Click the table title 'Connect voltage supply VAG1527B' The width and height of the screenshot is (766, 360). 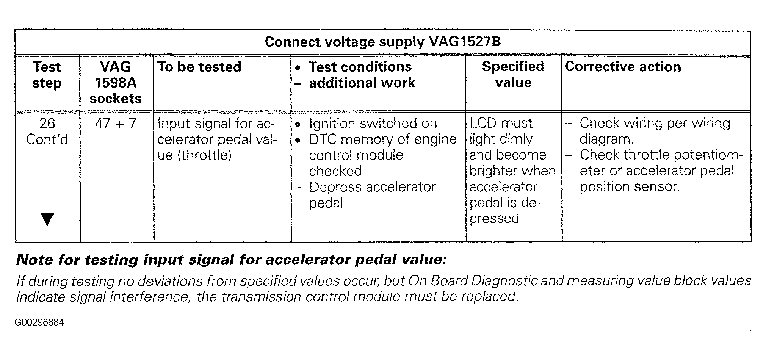click(x=382, y=42)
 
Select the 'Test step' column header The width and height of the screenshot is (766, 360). click(x=47, y=75)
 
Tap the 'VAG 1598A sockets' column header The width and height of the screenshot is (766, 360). click(x=116, y=83)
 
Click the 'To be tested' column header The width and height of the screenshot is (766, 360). click(x=199, y=67)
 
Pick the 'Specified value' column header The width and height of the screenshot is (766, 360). click(x=513, y=74)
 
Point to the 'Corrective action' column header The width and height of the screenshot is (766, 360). click(x=623, y=67)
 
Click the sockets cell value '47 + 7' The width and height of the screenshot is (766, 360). click(x=115, y=124)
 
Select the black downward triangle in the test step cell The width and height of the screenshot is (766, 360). click(x=47, y=219)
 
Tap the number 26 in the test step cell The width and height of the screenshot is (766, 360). click(x=47, y=123)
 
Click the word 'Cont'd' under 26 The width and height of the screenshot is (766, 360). click(x=47, y=139)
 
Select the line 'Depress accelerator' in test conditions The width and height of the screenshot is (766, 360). click(x=373, y=187)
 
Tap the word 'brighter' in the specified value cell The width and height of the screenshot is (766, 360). click(x=493, y=171)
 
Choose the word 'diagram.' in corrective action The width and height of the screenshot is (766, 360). click(x=606, y=139)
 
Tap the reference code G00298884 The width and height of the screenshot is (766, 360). click(x=39, y=322)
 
